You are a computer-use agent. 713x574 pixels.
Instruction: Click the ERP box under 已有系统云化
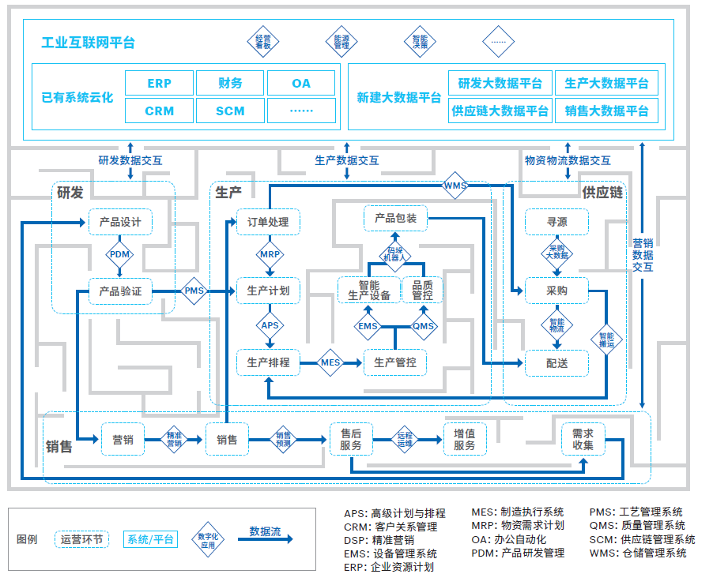(159, 83)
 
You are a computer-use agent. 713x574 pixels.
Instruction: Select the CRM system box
(159, 111)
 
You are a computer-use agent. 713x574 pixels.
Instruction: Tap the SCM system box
(230, 111)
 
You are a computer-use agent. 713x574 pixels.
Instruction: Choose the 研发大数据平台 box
(500, 83)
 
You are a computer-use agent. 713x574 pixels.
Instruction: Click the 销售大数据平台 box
(606, 111)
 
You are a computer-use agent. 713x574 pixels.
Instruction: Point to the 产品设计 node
(120, 222)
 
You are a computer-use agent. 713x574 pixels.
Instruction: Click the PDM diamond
(120, 255)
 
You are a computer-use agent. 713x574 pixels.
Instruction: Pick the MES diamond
(330, 363)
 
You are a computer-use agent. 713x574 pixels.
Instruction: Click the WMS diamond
(455, 186)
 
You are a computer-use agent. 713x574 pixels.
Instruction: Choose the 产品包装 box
(395, 218)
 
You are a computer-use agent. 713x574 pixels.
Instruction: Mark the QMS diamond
(424, 326)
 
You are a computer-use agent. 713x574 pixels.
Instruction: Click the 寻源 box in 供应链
(556, 222)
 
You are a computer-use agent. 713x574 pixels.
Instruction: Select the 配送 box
(556, 363)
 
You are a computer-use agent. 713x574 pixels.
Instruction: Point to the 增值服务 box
(465, 440)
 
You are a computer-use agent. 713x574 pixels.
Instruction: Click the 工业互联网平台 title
(88, 43)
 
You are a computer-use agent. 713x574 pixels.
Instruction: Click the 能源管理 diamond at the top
(341, 41)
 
